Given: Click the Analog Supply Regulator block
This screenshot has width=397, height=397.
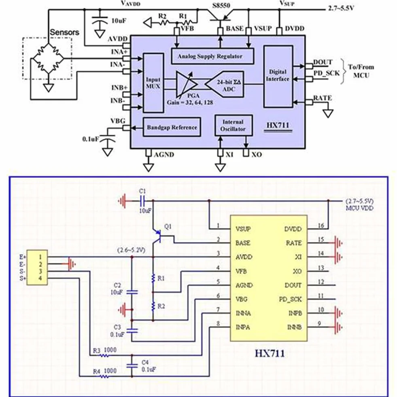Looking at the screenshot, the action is (x=212, y=56).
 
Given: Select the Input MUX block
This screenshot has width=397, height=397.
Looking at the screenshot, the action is (x=153, y=83).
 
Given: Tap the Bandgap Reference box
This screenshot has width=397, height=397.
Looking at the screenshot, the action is (x=172, y=127).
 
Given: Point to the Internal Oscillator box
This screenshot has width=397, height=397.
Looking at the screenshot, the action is (x=234, y=125).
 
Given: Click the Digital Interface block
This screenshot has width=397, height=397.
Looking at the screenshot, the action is (x=278, y=76).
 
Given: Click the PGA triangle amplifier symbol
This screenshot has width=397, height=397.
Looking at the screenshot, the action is (x=187, y=84).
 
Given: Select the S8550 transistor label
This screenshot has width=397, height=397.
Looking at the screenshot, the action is (x=221, y=5).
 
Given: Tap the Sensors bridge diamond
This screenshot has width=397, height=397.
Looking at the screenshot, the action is (x=47, y=59).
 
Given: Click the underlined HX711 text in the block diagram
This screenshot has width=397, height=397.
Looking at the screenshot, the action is (x=278, y=125).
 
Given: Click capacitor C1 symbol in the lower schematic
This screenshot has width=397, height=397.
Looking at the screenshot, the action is (x=142, y=201).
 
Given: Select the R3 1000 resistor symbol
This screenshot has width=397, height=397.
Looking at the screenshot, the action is (x=104, y=355).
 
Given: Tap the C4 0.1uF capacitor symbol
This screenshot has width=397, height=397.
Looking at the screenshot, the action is (x=132, y=365).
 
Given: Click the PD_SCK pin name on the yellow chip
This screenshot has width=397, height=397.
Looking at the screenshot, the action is (x=291, y=299).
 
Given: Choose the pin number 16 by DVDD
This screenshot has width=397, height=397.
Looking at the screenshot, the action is (x=321, y=225).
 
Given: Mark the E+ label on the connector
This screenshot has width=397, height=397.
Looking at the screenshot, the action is (x=23, y=257).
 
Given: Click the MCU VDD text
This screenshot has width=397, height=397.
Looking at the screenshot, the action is (x=359, y=208).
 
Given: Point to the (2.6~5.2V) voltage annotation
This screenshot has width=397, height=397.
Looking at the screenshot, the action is (x=131, y=250).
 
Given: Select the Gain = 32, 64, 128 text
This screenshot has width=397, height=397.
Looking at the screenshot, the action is (x=190, y=102).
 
